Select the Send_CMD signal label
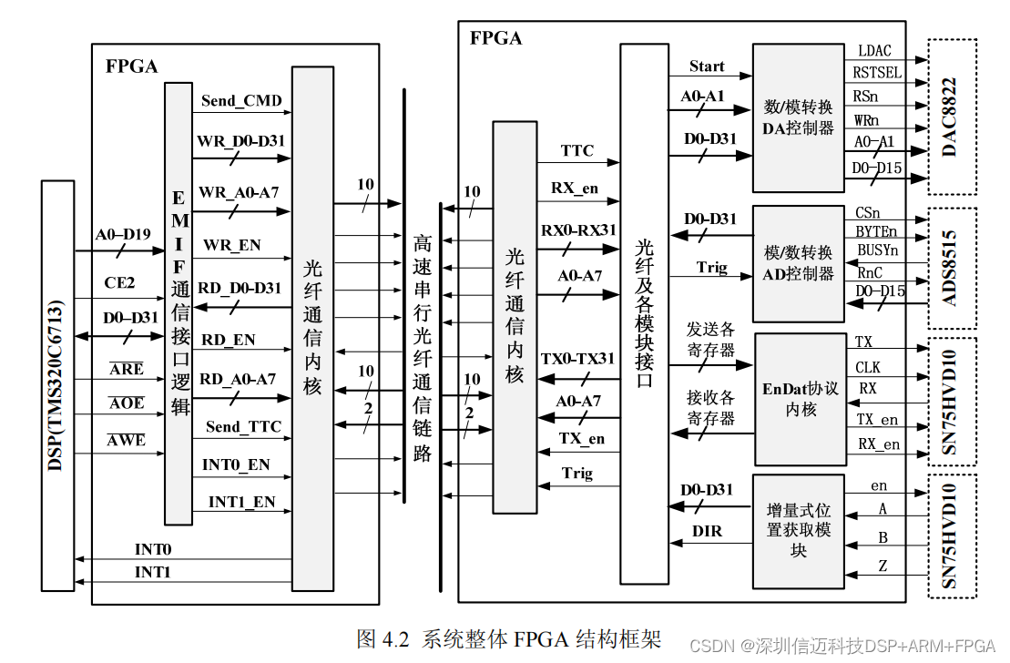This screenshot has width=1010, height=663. click(x=241, y=100)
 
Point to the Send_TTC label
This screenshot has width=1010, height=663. click(x=243, y=426)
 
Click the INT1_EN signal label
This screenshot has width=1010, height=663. click(x=241, y=502)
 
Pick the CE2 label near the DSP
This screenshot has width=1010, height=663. click(x=119, y=283)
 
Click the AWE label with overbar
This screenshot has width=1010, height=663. click(x=127, y=440)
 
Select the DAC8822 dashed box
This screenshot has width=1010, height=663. click(x=952, y=116)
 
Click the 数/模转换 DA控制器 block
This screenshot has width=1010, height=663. click(x=798, y=117)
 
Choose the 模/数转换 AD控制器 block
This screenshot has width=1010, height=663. click(x=798, y=262)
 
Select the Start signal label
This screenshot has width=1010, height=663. click(x=707, y=66)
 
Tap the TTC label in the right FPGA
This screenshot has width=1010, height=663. click(x=577, y=150)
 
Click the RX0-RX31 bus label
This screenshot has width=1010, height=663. click(x=577, y=229)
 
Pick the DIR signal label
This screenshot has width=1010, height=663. click(x=707, y=530)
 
